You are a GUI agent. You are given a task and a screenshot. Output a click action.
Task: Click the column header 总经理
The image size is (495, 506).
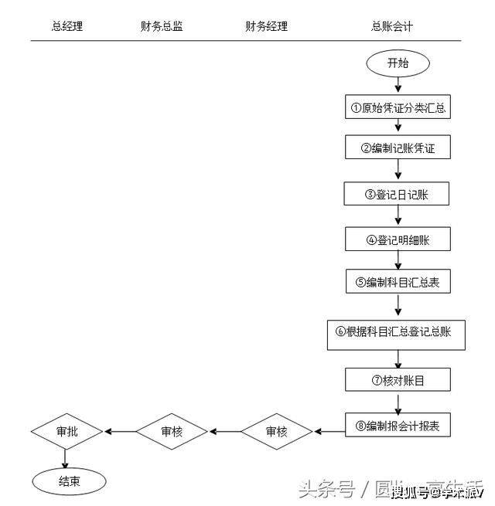coord(67,26)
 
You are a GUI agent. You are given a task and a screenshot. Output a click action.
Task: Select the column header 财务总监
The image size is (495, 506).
coord(162,26)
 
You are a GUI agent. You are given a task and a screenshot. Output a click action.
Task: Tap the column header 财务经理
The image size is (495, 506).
coord(266,26)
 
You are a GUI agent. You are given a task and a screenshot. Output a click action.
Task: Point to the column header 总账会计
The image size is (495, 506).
coord(392,26)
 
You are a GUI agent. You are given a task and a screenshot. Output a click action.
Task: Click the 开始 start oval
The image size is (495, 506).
coord(398,63)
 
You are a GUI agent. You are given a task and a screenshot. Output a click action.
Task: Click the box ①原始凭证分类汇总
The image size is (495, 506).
coord(398,108)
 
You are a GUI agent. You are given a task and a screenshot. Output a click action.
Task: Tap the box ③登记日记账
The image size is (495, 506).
coord(398,194)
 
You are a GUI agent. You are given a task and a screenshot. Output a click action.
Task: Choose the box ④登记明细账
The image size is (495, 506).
coord(398,239)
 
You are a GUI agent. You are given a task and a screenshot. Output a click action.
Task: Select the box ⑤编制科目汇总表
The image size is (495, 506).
coord(398,282)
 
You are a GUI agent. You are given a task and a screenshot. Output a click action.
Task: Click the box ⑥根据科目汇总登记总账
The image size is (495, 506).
coord(398,331)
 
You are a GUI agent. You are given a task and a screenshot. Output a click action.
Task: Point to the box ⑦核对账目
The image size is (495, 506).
coord(398,379)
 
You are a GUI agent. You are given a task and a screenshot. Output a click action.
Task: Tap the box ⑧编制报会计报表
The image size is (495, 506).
coord(398,425)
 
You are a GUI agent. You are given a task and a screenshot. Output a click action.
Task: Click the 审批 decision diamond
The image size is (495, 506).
coord(67,430)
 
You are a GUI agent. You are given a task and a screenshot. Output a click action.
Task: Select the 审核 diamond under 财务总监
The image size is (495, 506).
coord(172,431)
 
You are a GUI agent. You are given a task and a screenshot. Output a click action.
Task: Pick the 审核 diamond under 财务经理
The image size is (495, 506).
coord(276,431)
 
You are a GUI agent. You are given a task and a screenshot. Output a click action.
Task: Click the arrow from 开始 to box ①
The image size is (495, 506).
coord(398,86)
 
